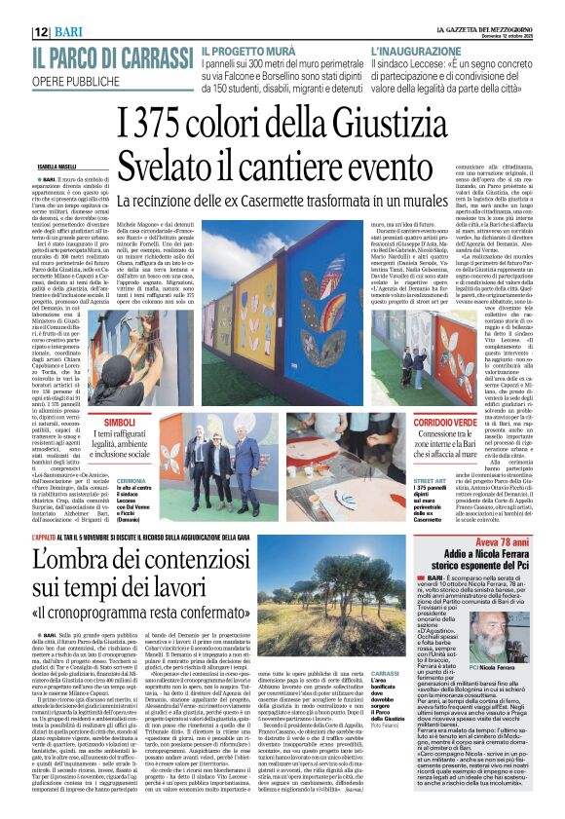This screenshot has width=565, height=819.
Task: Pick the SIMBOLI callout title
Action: tap(122, 422)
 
